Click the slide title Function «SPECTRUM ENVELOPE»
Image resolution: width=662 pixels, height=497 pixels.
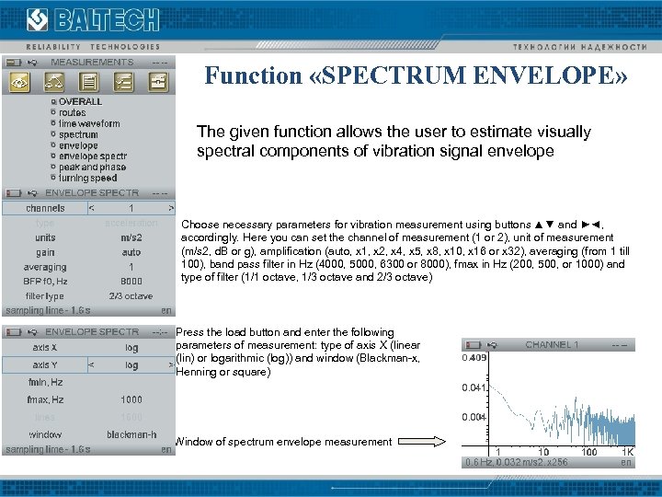pyautogui.click(x=417, y=75)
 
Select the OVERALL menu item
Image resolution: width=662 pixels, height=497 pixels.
pyautogui.click(x=80, y=101)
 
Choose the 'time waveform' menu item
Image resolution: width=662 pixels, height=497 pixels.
pyautogui.click(x=88, y=123)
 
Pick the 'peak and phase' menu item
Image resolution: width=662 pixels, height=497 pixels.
pyautogui.click(x=92, y=168)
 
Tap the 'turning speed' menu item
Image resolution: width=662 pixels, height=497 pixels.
pyautogui.click(x=87, y=179)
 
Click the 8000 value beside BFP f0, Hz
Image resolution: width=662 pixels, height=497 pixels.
pyautogui.click(x=131, y=282)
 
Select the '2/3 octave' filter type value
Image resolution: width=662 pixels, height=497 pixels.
pyautogui.click(x=131, y=296)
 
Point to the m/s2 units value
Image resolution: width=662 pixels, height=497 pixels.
pyautogui.click(x=131, y=237)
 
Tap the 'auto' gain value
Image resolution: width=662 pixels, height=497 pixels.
pyautogui.click(x=131, y=252)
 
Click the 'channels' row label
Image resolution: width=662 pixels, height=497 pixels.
pyautogui.click(x=45, y=208)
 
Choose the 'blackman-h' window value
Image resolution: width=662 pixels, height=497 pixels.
pyautogui.click(x=131, y=433)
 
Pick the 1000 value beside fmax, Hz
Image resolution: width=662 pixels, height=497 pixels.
pyautogui.click(x=131, y=400)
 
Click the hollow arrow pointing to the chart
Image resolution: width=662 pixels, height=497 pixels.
pyautogui.click(x=426, y=442)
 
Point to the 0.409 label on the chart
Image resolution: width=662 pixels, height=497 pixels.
pyautogui.click(x=474, y=358)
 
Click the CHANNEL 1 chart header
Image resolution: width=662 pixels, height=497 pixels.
pyautogui.click(x=552, y=344)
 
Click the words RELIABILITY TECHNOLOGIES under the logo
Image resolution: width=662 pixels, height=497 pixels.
pyautogui.click(x=86, y=47)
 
